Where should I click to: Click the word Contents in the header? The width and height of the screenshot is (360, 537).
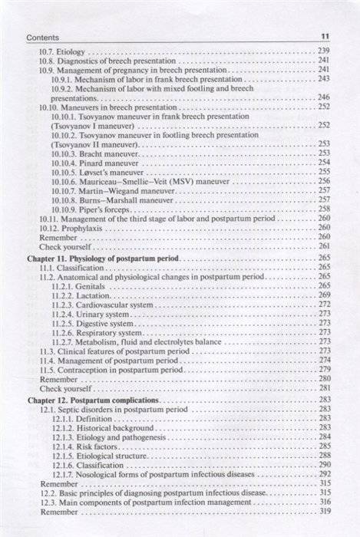pos(42,36)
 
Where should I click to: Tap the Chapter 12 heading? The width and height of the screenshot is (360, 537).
pos(94,400)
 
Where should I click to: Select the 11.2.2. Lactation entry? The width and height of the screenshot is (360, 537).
pos(81,295)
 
